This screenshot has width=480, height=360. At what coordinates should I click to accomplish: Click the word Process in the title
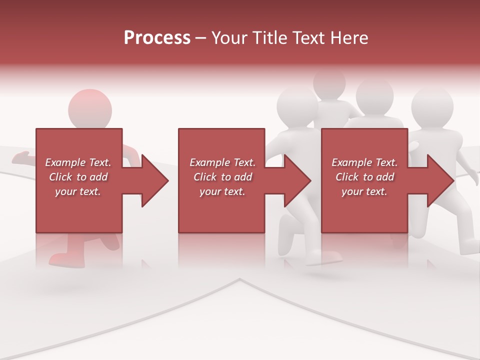point(157,38)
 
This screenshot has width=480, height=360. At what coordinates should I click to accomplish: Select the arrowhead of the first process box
point(154,181)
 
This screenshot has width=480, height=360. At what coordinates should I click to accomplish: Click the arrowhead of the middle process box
point(297,181)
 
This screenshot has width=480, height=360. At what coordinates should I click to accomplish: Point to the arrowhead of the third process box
point(440,181)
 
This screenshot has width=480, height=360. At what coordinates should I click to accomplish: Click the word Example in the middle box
point(208,162)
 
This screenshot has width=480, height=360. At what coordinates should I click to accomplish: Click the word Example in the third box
point(350,162)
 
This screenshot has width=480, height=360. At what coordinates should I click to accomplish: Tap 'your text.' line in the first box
point(78,191)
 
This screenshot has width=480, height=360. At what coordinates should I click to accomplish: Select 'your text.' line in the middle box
point(222,191)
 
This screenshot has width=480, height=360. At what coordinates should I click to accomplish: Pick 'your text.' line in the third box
point(364,191)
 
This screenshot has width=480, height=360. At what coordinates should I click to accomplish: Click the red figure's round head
point(90,109)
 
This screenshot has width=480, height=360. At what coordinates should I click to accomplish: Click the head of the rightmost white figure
point(432,107)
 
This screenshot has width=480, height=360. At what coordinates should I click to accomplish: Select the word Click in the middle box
point(204,177)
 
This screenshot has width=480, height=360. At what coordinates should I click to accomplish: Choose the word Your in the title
point(228,38)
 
